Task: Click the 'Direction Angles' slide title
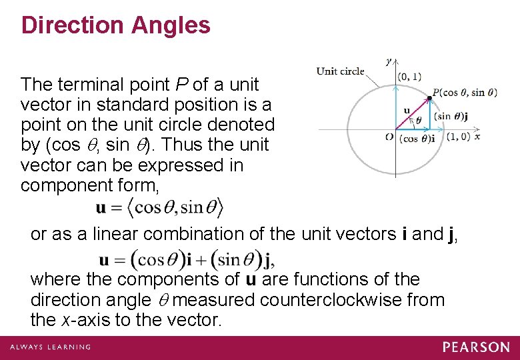pyautogui.click(x=115, y=26)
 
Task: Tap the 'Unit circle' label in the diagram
pyautogui.click(x=340, y=71)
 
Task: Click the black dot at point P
pyautogui.click(x=429, y=98)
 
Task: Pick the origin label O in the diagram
pyautogui.click(x=389, y=136)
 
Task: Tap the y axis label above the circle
pyautogui.click(x=388, y=61)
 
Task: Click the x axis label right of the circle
pyautogui.click(x=477, y=136)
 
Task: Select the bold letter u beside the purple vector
pyautogui.click(x=407, y=110)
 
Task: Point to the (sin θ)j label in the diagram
pyautogui.click(x=451, y=116)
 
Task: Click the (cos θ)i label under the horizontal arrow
pyautogui.click(x=417, y=139)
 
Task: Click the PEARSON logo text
pyautogui.click(x=475, y=347)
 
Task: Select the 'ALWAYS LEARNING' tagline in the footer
pyautogui.click(x=50, y=347)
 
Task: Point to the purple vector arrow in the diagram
pyautogui.click(x=413, y=113)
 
